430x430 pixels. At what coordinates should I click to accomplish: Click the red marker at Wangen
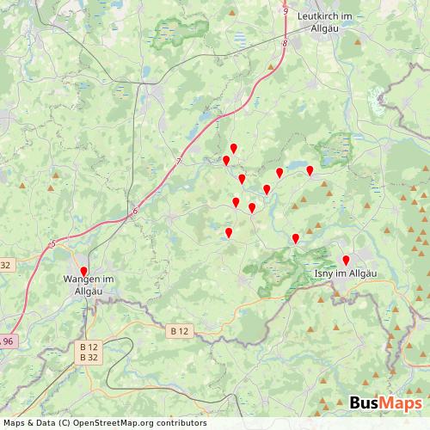click(x=83, y=272)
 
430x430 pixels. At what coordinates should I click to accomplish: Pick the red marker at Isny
click(x=346, y=261)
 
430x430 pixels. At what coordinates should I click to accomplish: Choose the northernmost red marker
click(x=233, y=149)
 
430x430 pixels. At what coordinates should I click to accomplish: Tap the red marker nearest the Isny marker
click(x=295, y=238)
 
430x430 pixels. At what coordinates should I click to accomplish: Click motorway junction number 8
click(x=283, y=41)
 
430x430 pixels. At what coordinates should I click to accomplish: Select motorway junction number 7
click(x=180, y=161)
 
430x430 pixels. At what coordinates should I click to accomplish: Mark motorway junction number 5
click(x=52, y=244)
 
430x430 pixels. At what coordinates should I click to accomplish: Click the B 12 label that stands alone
click(x=179, y=330)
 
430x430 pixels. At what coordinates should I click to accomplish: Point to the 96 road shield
click(x=8, y=341)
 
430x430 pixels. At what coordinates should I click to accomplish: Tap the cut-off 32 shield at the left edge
click(x=5, y=265)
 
